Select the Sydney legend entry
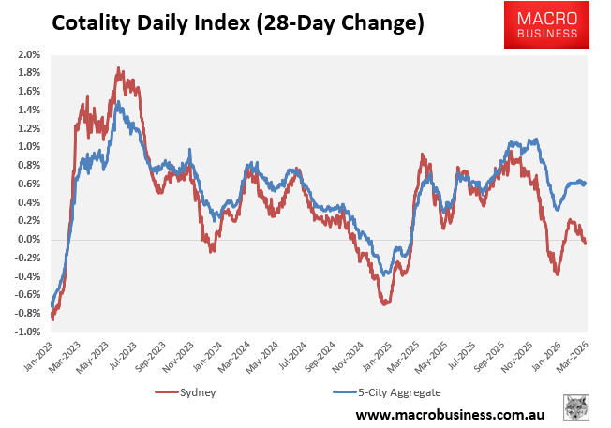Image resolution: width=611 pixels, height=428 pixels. coord(191,392)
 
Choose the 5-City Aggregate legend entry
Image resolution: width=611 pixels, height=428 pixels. coord(387,392)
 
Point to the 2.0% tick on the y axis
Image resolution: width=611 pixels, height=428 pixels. coord(27,54)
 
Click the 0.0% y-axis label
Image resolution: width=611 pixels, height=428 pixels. coord(27,240)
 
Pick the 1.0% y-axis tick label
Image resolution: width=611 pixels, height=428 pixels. coord(27,147)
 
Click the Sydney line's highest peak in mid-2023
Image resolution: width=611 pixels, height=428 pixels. coord(119,68)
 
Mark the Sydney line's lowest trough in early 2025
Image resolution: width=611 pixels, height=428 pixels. coord(384,303)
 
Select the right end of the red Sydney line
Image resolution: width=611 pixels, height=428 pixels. coord(587,244)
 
